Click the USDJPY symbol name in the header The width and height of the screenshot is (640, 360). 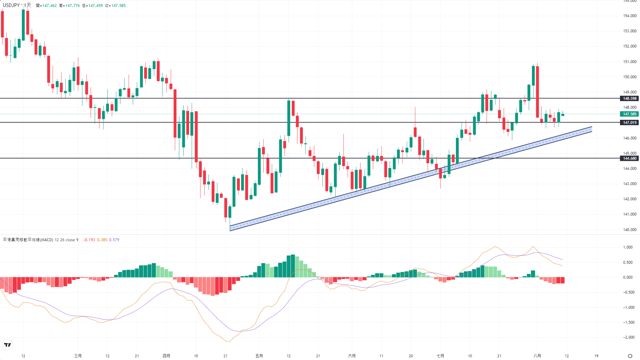11,5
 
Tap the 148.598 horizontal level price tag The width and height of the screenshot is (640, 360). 629,98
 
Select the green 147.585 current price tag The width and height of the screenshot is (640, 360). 629,114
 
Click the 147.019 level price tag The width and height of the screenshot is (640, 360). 629,122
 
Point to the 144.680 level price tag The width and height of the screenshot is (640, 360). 629,158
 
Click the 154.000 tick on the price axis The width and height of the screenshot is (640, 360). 630,16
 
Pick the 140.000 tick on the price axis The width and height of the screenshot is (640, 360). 630,230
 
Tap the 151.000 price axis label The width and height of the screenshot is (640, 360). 630,62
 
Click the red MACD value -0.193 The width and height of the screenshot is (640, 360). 89,240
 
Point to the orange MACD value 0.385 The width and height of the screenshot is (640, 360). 102,240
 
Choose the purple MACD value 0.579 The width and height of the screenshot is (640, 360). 114,240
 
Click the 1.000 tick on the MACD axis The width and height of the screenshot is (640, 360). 628,247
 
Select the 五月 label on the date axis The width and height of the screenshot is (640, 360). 259,356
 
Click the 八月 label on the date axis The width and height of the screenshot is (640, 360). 537,356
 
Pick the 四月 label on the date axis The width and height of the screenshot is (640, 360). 166,356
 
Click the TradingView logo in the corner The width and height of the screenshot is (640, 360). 7,345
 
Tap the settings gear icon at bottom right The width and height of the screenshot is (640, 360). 630,356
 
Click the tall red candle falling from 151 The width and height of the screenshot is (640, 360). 538,92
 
